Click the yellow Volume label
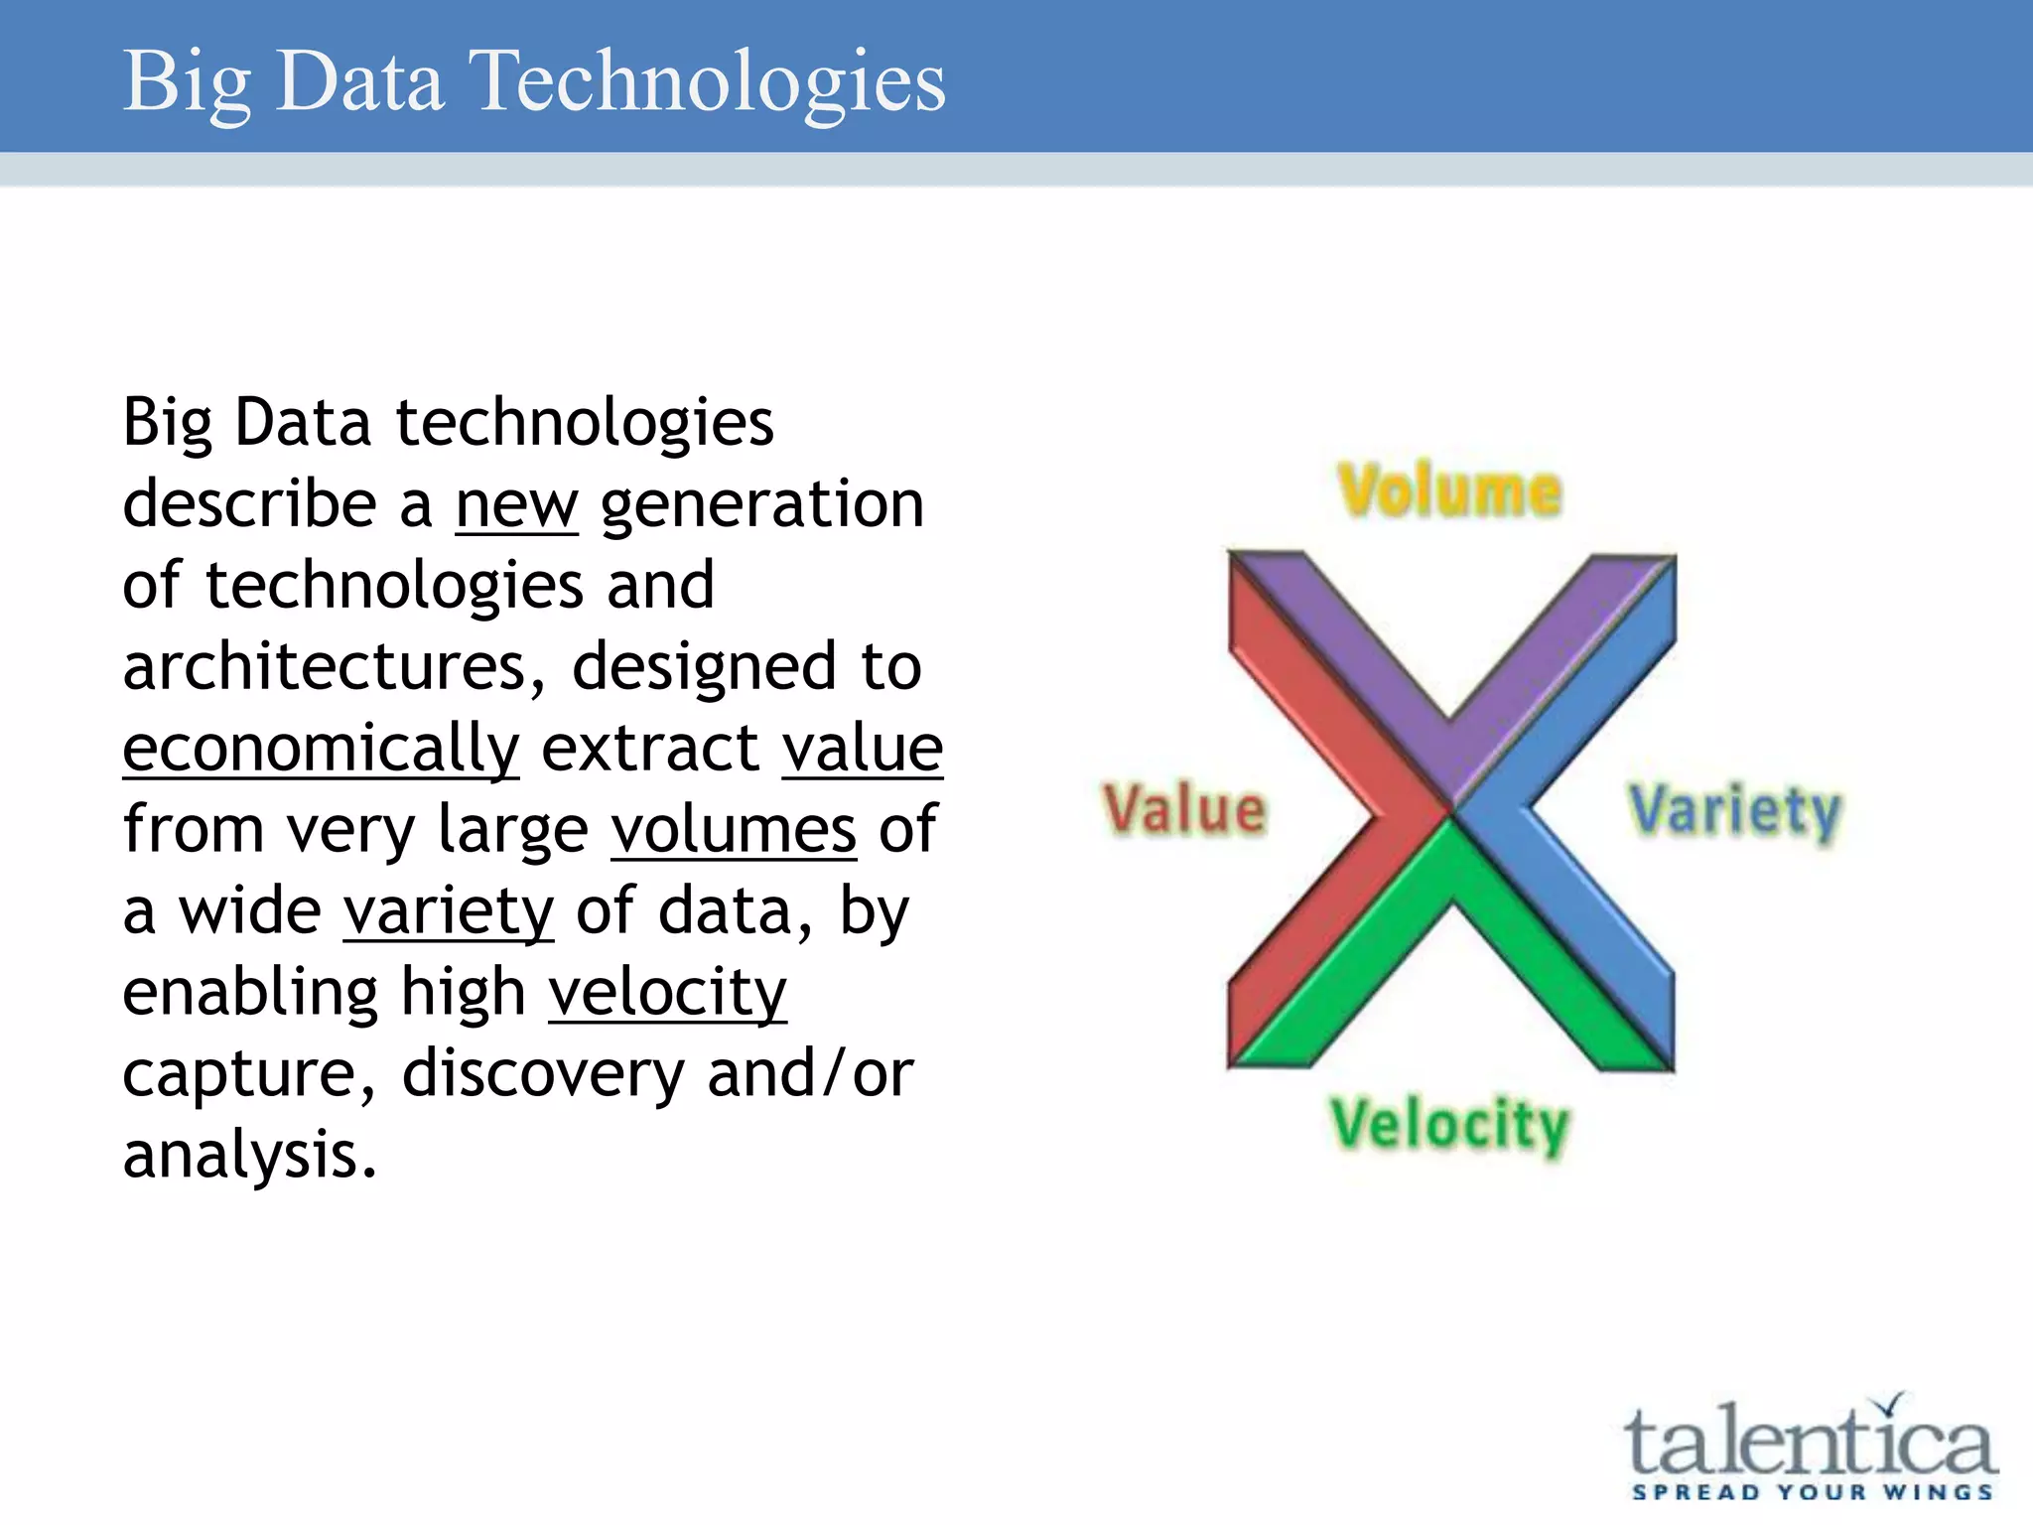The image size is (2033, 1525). (1449, 491)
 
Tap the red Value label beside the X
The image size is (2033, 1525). (1185, 809)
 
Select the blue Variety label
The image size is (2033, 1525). (1734, 811)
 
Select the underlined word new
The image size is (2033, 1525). (516, 504)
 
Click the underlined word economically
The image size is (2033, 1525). (321, 749)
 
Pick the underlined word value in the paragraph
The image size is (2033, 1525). (862, 749)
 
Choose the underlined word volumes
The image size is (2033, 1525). (733, 830)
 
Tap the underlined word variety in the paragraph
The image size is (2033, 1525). (448, 911)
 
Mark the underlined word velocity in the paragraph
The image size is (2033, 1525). (667, 993)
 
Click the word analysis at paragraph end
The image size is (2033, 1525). (248, 1156)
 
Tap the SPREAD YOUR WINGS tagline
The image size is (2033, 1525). (1812, 1492)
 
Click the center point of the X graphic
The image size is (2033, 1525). (1451, 812)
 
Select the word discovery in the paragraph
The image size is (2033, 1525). (543, 1074)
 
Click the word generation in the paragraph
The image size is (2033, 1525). (761, 504)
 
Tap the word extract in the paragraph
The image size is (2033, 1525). (649, 749)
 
